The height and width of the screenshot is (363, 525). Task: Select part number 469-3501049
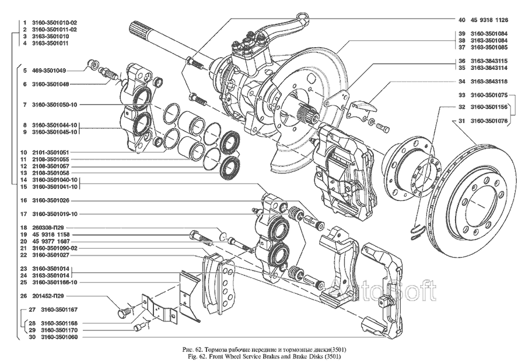click(48, 71)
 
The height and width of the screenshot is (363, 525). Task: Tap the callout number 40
click(461, 19)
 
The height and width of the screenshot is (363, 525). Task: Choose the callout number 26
click(23, 295)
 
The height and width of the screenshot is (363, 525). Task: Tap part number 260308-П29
click(48, 227)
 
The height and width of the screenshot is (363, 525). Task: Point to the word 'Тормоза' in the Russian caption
click(202, 348)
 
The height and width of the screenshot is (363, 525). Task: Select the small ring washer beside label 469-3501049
click(91, 63)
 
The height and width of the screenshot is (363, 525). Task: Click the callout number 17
click(23, 213)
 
